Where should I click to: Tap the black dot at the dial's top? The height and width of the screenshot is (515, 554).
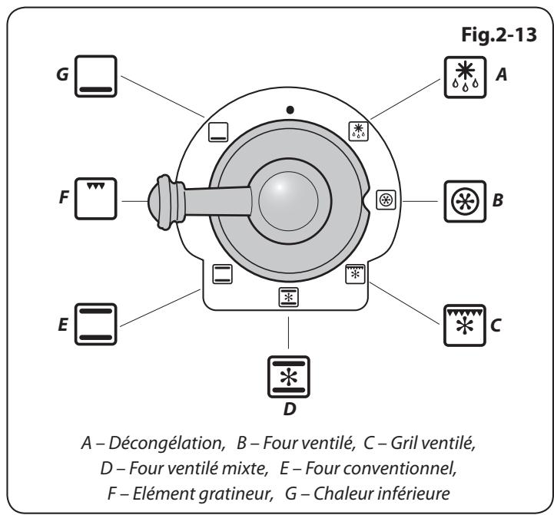click(x=289, y=110)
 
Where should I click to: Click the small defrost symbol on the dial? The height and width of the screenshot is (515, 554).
click(x=357, y=130)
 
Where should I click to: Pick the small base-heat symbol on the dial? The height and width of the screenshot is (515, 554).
click(x=219, y=132)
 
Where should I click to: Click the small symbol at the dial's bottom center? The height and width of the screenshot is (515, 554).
click(x=289, y=298)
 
